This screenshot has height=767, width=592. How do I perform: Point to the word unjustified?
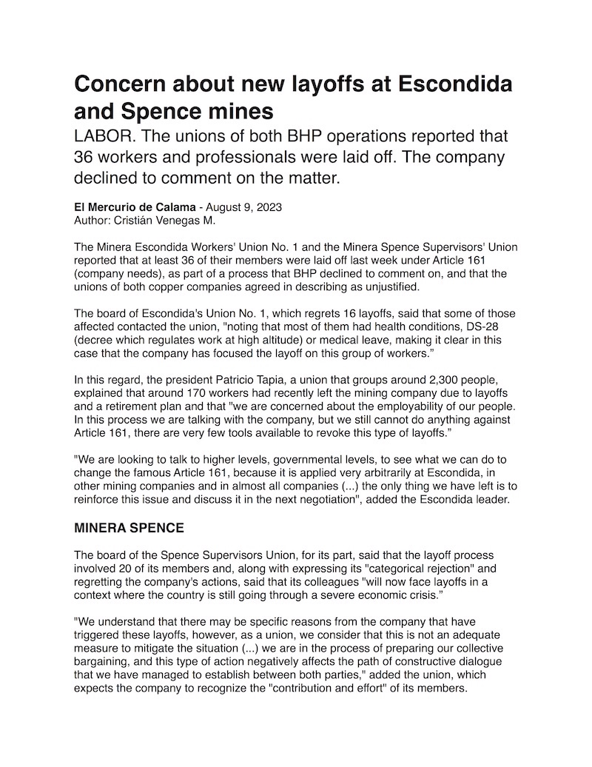(x=386, y=286)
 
